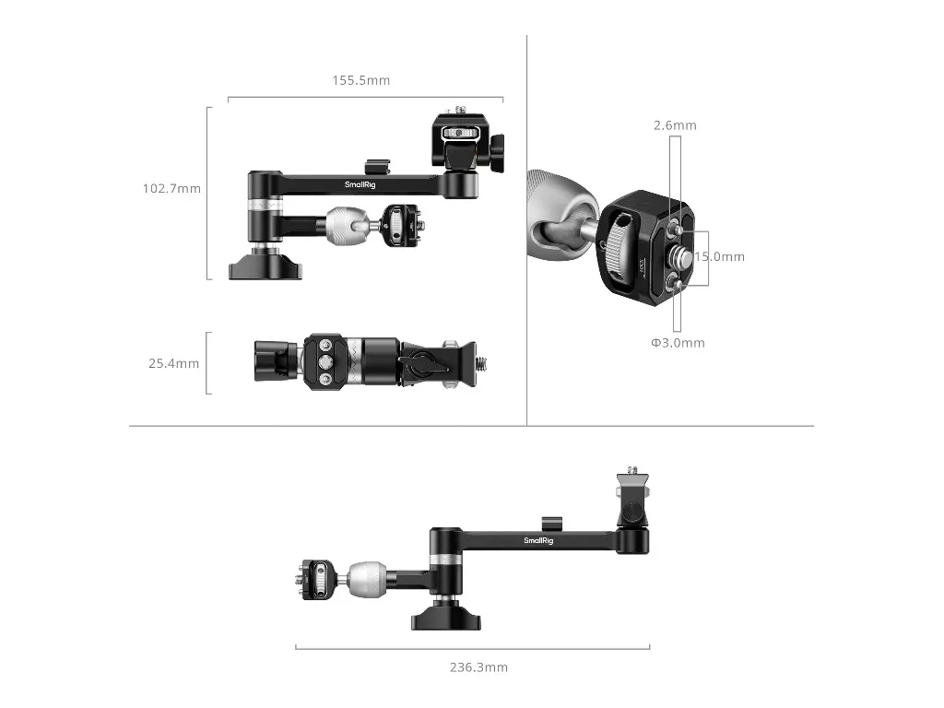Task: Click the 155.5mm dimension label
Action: pos(361,80)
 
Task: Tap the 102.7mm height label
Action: pos(171,188)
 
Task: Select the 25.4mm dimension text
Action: pos(174,363)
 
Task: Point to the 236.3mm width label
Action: pos(478,667)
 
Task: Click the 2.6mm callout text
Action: pos(675,125)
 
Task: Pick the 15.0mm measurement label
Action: pos(720,256)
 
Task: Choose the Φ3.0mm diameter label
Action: pos(678,343)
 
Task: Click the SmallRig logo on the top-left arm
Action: pos(360,184)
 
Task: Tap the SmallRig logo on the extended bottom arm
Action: pos(538,540)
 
